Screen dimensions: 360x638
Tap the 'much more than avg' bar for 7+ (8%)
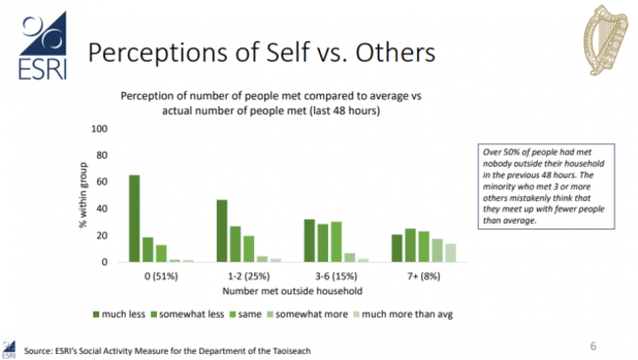(452, 253)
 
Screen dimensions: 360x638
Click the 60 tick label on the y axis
(100, 182)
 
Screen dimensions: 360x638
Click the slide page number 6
(593, 345)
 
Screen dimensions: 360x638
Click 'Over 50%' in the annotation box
(497, 152)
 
